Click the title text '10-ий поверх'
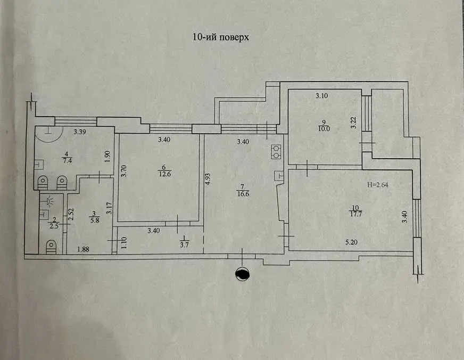coord(221,37)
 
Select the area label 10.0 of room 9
coord(324,129)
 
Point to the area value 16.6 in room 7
coord(243,194)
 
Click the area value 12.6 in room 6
coord(165,174)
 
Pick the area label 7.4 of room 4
coord(67,161)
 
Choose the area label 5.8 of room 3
coord(95,220)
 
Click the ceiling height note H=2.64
coord(378,185)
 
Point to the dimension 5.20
coord(352,242)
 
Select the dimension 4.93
coord(209,179)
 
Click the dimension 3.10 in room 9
coord(322,96)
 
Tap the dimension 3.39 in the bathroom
coord(80,132)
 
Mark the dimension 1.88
coord(83,250)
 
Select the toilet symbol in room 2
coord(51,247)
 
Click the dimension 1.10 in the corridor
coord(124,243)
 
